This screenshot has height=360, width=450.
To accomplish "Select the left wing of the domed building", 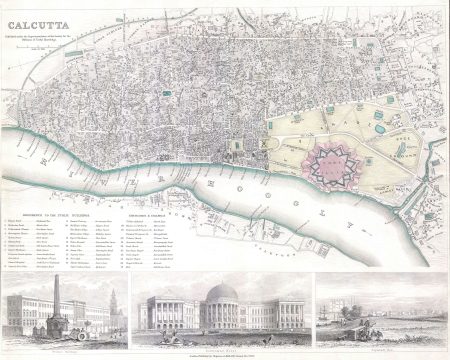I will (164, 314).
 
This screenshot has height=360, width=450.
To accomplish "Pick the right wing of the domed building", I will (285, 314).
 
